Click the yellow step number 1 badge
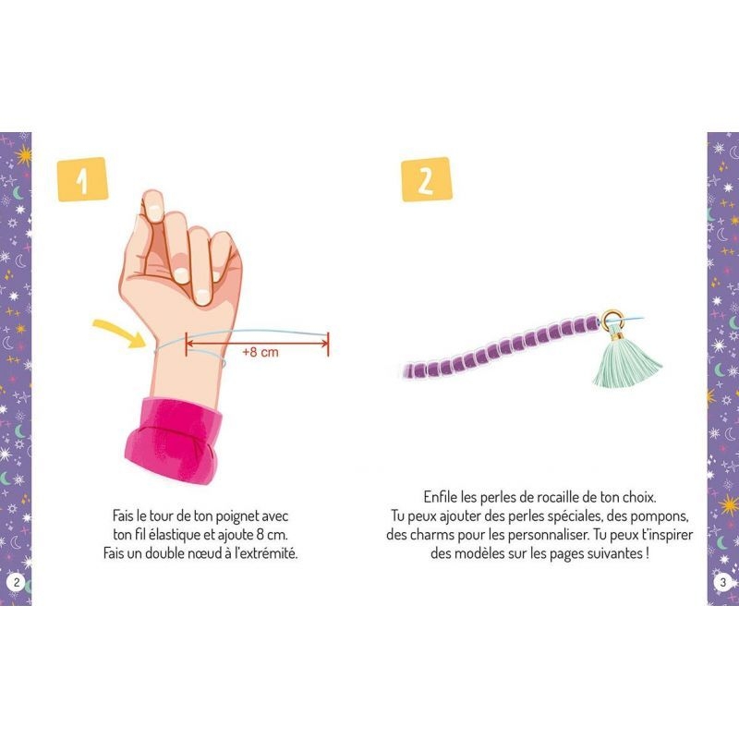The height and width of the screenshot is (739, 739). tap(82, 179)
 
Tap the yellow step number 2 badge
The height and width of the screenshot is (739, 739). tap(427, 179)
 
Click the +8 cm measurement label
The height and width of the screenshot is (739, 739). tap(260, 352)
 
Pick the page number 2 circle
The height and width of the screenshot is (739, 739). tap(17, 582)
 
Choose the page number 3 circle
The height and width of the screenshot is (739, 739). tap(723, 582)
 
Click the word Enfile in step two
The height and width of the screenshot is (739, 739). tap(442, 497)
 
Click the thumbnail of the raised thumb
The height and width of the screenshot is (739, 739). tap(151, 204)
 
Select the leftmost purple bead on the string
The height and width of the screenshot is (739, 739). tap(409, 371)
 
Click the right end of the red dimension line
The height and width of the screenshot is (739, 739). tap(328, 343)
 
